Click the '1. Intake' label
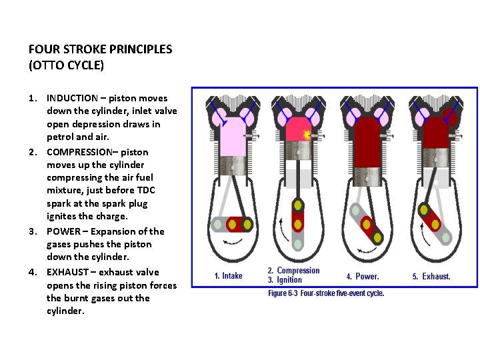click(x=228, y=276)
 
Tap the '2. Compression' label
click(x=293, y=271)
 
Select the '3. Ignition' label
click(x=285, y=280)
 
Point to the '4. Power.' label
click(x=363, y=276)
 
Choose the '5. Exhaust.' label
click(x=431, y=276)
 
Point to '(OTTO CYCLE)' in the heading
click(x=67, y=66)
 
